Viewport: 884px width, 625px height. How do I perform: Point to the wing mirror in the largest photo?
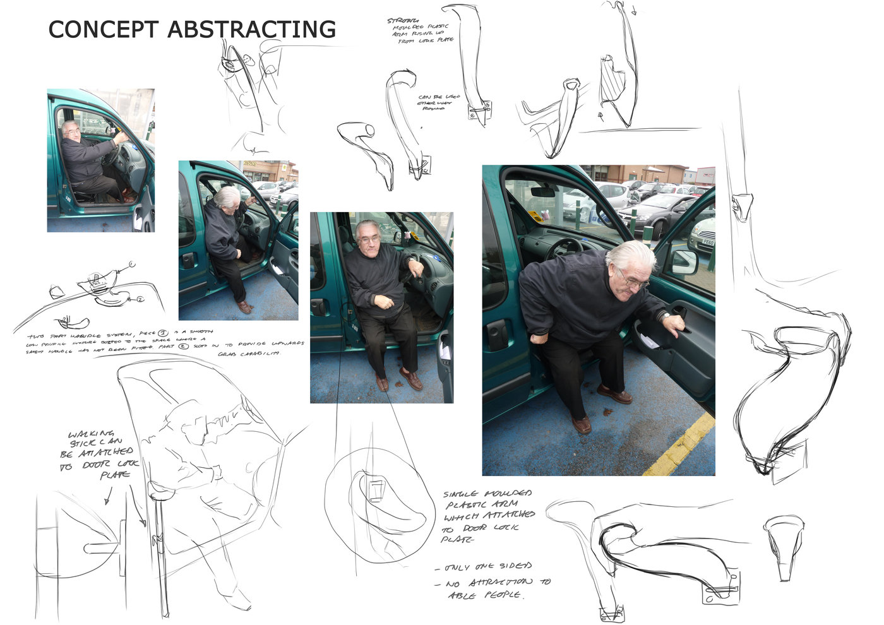[684, 261]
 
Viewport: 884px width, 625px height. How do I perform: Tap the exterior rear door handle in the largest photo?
[498, 334]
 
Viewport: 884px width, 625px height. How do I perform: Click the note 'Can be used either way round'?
[438, 103]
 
